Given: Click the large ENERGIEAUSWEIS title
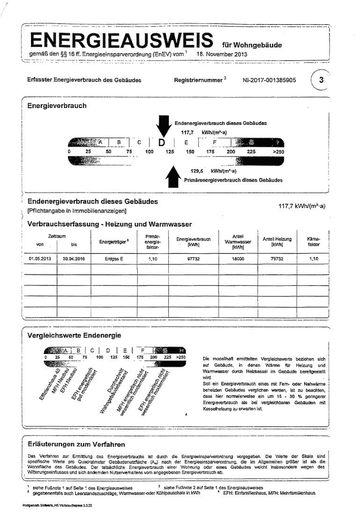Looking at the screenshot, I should click(x=121, y=40).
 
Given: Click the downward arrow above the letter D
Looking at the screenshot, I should click(x=162, y=126).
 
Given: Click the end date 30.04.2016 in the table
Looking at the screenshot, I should click(x=73, y=259).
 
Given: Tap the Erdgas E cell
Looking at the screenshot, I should click(x=114, y=259).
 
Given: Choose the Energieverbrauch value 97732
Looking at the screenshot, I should click(x=193, y=259).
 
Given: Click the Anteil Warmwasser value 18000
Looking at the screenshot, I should click(x=238, y=259).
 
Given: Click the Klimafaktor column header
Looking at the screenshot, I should click(x=314, y=242).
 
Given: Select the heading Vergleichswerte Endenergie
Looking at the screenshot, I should click(x=74, y=335).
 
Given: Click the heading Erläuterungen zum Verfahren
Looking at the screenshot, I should click(x=76, y=444).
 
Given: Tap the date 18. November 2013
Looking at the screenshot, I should click(x=222, y=54).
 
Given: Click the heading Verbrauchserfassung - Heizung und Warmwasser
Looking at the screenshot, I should click(x=109, y=224).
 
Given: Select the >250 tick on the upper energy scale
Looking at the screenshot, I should click(x=278, y=152).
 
